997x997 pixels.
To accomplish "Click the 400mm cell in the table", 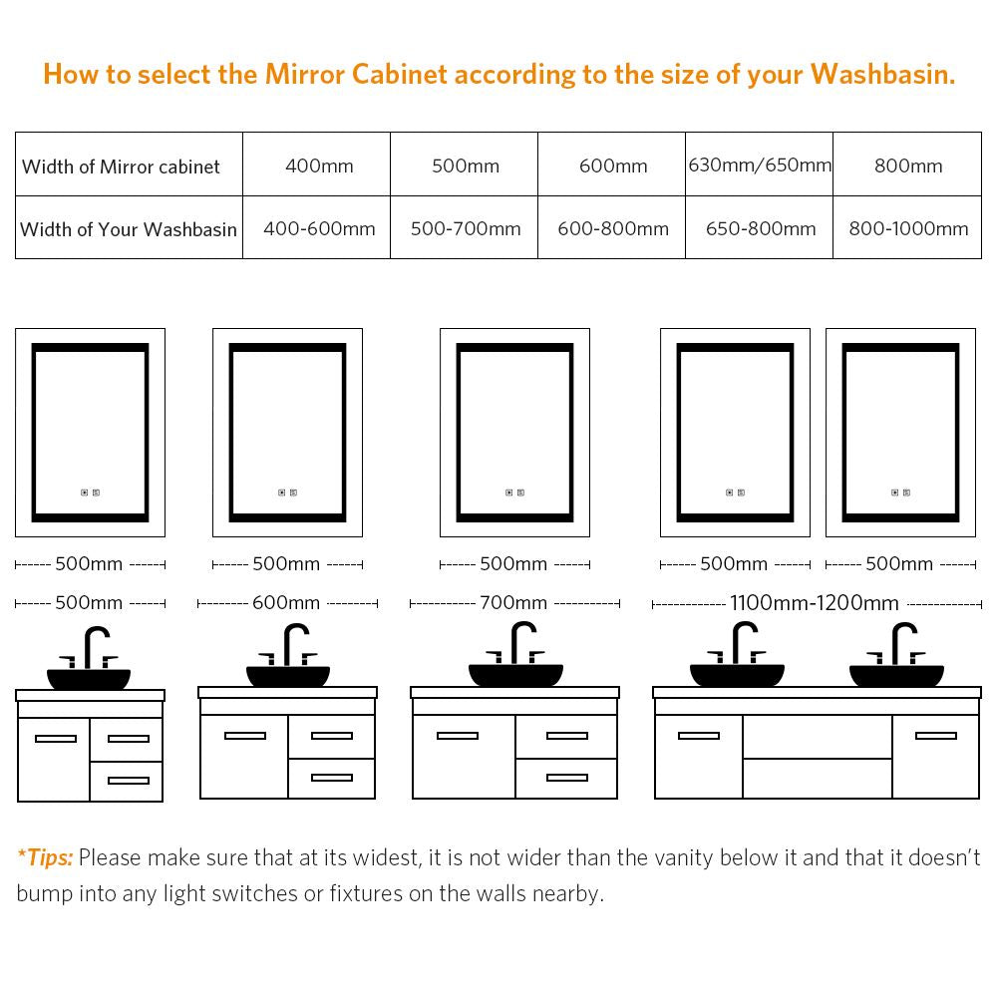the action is tap(319, 166).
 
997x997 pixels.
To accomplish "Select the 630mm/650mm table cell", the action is tap(760, 165).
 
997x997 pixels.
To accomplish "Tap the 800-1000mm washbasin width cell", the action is tap(908, 228).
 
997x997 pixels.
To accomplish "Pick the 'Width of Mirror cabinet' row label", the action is tap(121, 166).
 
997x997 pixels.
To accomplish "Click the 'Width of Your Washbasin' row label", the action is tap(129, 229).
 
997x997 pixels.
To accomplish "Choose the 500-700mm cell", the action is tap(466, 228).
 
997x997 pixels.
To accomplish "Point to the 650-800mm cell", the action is tap(761, 228).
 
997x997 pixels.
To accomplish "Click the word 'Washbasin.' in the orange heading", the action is tap(882, 75).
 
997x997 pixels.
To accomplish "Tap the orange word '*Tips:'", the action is tap(45, 857).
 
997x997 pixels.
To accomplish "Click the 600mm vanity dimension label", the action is tap(286, 603).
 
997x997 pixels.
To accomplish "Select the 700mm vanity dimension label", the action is tap(513, 603).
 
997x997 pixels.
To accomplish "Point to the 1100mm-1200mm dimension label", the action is tap(815, 603).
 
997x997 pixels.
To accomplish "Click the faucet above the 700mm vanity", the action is tap(516, 643).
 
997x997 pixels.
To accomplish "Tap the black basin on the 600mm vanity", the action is tap(288, 676).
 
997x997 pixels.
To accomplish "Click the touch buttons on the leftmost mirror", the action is tap(91, 493).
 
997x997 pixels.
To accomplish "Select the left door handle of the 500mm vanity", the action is tap(56, 738).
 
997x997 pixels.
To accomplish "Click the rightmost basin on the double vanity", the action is tap(896, 675).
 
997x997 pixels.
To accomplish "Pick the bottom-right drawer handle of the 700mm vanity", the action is tap(567, 777).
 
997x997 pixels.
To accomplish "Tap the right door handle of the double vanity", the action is tap(936, 736).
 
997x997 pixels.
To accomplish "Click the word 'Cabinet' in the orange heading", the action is tap(400, 75).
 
